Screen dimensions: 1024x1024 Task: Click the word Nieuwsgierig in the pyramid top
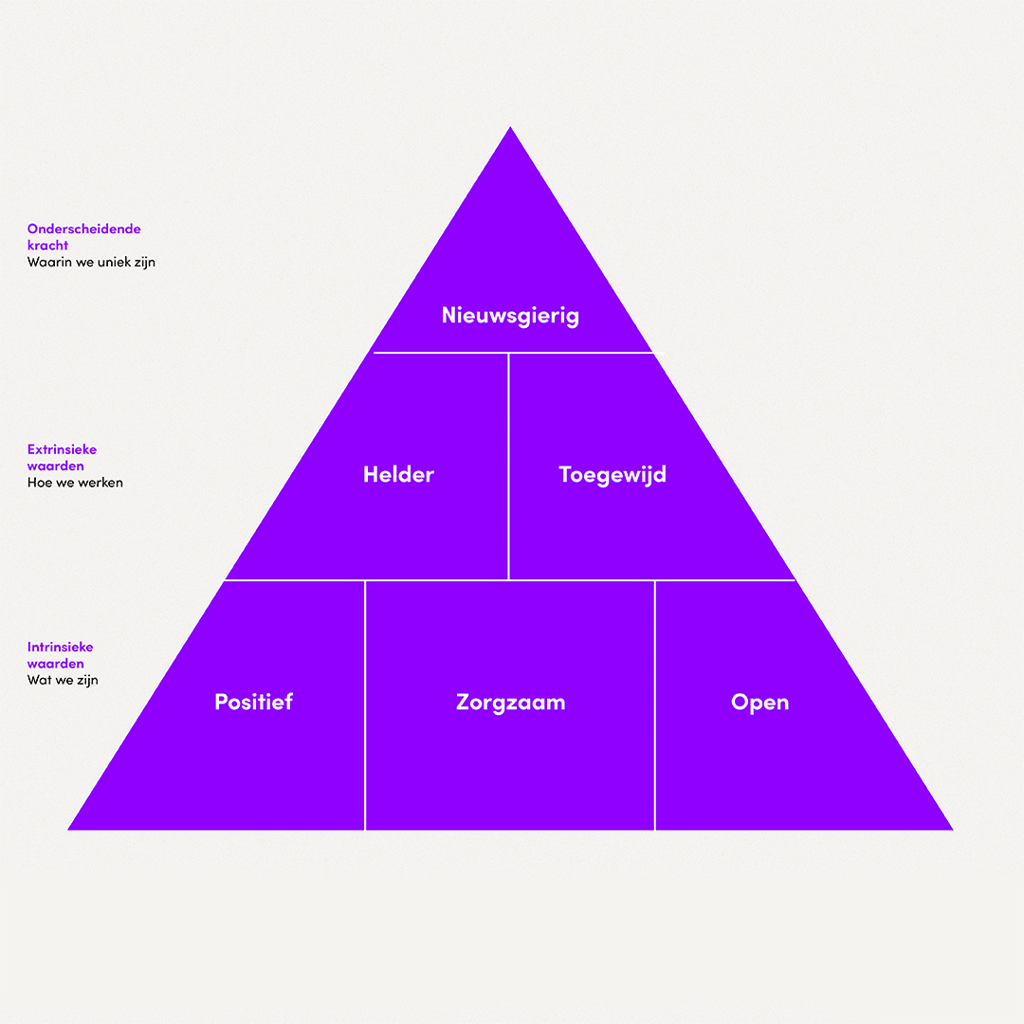click(x=510, y=316)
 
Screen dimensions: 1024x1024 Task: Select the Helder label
click(x=398, y=474)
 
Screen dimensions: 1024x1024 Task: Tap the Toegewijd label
click(x=613, y=475)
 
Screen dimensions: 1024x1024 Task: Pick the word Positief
click(x=253, y=702)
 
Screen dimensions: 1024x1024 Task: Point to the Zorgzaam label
click(x=511, y=703)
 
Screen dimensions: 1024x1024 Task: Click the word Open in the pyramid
click(x=760, y=703)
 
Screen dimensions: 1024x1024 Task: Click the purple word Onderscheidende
click(x=84, y=229)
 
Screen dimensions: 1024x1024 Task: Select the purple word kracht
click(x=47, y=245)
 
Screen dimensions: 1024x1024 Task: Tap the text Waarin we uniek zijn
click(x=91, y=262)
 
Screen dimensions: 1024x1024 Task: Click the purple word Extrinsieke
click(x=62, y=449)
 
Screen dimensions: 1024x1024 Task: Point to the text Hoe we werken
click(x=75, y=483)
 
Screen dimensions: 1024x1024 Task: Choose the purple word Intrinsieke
click(x=60, y=647)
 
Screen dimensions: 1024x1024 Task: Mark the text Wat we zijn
click(x=63, y=680)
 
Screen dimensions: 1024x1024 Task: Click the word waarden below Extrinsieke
click(x=56, y=466)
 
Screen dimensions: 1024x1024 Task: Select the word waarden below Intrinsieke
click(x=56, y=664)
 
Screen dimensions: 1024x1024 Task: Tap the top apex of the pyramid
click(x=510, y=127)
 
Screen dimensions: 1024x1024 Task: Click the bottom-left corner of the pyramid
click(x=68, y=830)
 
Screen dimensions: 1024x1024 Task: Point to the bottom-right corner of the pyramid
click(x=953, y=830)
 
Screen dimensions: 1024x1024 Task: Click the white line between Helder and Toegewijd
click(x=508, y=466)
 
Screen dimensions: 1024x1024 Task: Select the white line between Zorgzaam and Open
click(x=654, y=705)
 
